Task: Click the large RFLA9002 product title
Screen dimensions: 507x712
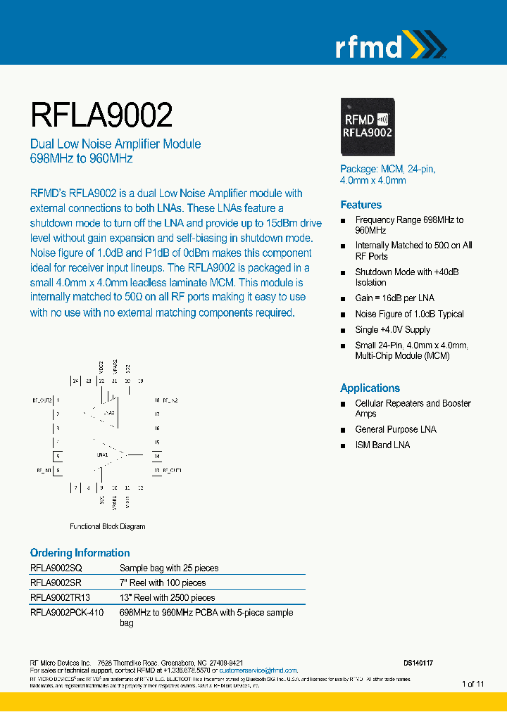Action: click(101, 114)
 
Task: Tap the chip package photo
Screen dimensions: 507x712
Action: click(367, 126)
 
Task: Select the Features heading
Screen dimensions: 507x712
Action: click(361, 205)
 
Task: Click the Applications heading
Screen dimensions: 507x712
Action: click(370, 388)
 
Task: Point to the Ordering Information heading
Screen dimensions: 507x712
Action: click(80, 552)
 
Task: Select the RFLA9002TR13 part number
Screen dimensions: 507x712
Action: click(60, 597)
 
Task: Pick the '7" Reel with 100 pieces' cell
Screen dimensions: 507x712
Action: click(163, 583)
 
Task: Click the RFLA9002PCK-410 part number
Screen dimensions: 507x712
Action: click(67, 612)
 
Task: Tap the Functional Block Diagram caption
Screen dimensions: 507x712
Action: click(107, 526)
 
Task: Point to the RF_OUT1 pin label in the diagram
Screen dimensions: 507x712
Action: click(173, 469)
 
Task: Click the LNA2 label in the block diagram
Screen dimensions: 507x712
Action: click(108, 412)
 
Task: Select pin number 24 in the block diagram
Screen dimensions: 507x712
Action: click(75, 381)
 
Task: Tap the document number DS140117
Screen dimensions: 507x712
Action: click(418, 663)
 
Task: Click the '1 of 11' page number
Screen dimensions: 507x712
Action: click(472, 684)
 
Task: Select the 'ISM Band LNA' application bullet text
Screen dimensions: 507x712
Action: click(382, 445)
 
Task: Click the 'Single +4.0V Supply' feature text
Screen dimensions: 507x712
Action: click(392, 329)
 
